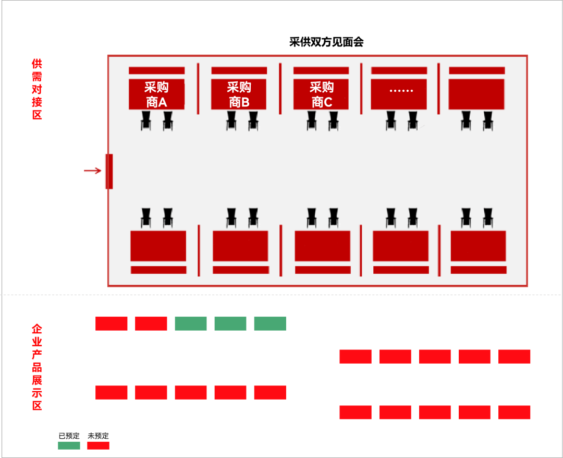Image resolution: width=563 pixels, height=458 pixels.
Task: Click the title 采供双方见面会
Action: (326, 42)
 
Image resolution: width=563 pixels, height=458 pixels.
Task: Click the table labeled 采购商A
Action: (156, 94)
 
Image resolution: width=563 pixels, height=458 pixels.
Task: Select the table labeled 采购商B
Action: (239, 94)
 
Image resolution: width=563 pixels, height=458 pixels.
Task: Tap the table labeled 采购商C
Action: (321, 94)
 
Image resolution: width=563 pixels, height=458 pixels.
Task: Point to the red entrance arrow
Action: (92, 171)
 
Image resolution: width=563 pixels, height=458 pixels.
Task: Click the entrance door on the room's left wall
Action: (109, 171)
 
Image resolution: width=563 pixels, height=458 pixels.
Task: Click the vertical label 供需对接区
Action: (36, 89)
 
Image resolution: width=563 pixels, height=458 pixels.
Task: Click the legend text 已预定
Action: (69, 436)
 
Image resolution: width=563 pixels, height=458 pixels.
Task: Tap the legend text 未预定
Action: (98, 436)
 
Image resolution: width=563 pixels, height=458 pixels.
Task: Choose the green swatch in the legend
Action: (69, 445)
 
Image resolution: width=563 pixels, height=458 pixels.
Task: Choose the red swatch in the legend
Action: (98, 445)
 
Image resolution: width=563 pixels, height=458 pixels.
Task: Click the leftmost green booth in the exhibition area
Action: (190, 323)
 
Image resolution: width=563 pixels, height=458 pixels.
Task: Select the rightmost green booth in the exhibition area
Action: (270, 323)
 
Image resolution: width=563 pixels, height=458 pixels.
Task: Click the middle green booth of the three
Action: (230, 323)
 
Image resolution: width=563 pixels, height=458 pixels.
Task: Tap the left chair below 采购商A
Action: (146, 121)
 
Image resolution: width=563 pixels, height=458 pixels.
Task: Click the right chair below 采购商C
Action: (333, 121)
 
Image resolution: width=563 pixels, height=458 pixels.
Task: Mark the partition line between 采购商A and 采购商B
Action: (198, 88)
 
